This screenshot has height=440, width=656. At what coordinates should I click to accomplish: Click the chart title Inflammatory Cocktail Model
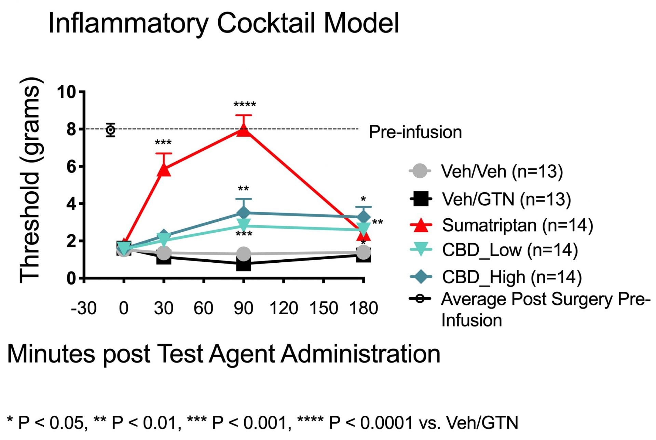224,23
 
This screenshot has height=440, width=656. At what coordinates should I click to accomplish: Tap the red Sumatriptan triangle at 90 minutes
244,130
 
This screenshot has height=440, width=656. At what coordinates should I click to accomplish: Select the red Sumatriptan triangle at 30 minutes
164,169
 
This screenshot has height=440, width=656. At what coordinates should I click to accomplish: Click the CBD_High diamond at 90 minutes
244,213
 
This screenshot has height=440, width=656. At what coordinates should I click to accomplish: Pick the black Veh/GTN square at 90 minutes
244,264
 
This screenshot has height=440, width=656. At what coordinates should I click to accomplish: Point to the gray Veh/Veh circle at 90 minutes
244,254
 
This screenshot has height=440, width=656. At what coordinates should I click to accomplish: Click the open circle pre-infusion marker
110,130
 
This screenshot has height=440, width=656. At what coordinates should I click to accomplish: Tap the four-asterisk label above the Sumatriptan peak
245,105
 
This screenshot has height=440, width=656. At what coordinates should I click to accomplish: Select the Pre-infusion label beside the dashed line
415,132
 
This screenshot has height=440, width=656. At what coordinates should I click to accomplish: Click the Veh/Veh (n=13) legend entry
502,171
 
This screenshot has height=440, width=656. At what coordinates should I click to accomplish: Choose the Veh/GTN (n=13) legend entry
506,199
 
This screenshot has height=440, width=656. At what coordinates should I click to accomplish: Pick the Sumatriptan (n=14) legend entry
517,225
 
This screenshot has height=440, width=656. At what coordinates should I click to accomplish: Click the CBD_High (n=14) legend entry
511,277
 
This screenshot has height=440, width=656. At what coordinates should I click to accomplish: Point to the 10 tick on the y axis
66,92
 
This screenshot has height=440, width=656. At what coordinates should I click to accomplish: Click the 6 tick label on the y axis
71,167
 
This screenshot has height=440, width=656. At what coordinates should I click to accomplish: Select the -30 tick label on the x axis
84,308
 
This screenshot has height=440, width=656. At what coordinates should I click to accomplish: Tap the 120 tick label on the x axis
284,308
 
